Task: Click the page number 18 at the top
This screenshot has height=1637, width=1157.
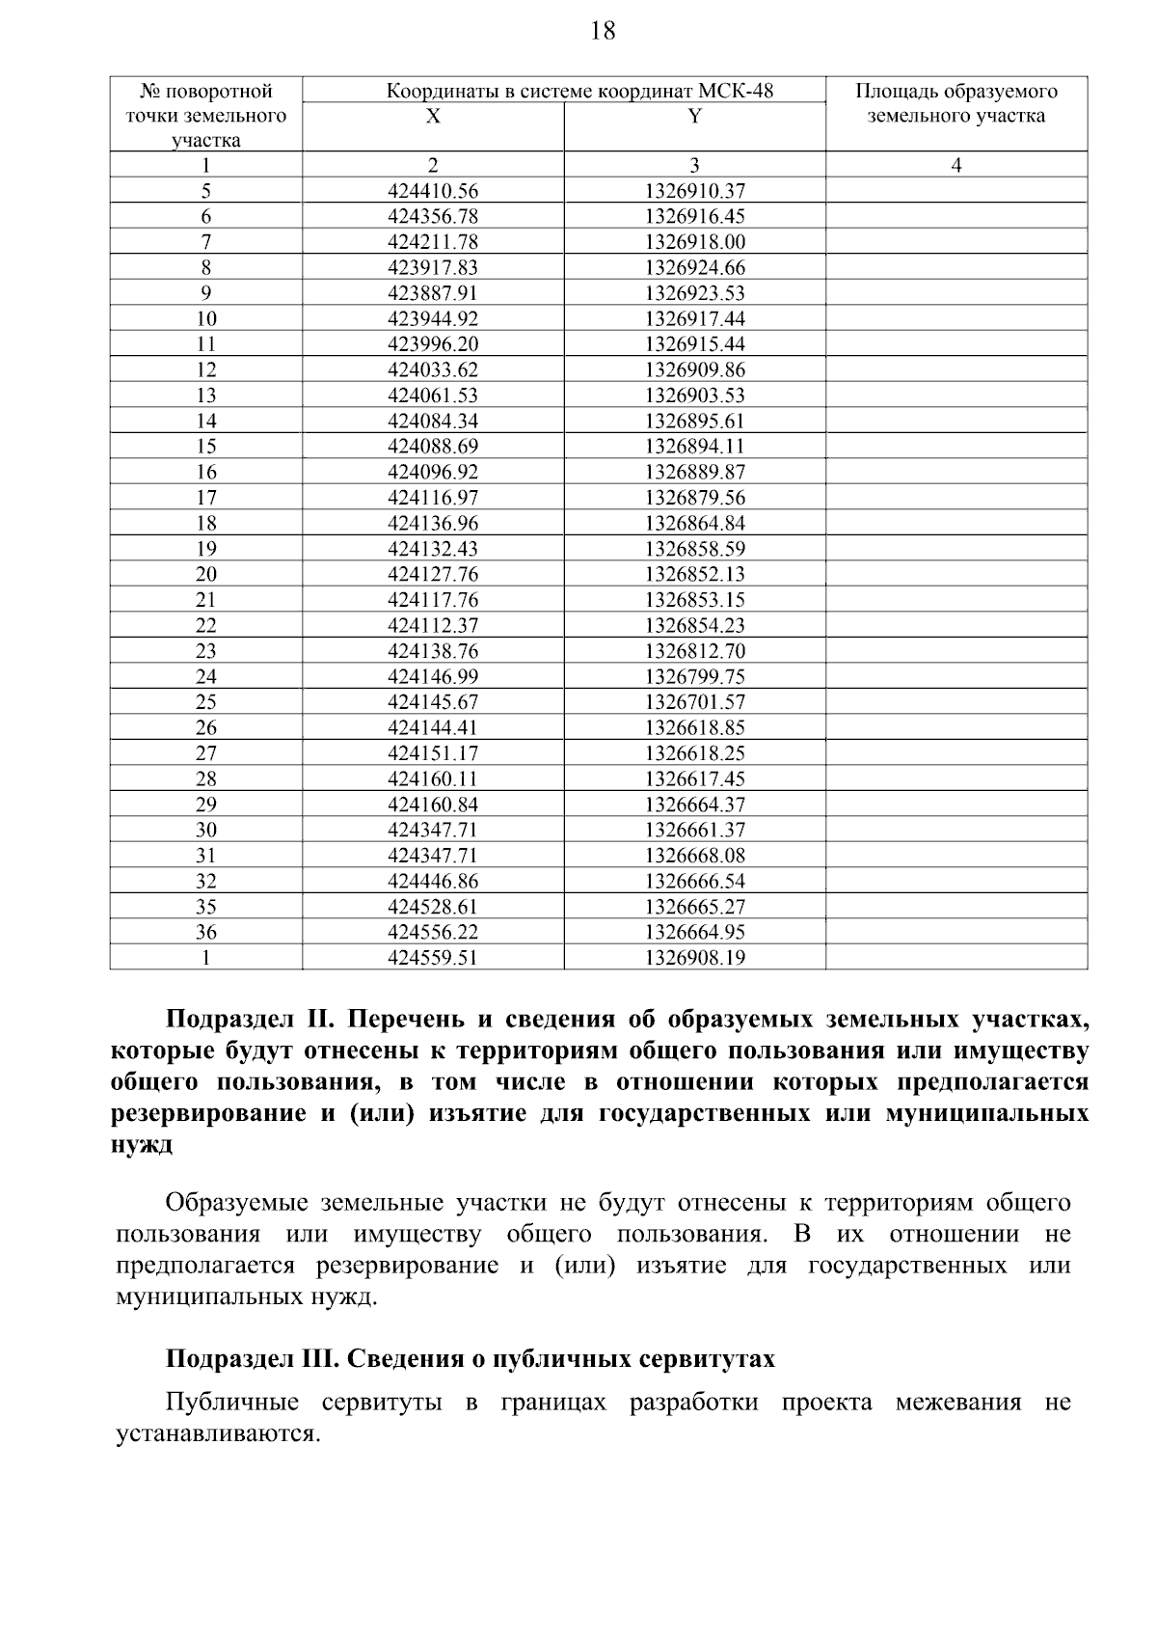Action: click(602, 32)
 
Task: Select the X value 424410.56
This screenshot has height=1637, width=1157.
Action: click(433, 191)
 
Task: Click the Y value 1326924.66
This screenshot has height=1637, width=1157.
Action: click(694, 267)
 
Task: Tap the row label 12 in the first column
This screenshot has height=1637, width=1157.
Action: click(205, 369)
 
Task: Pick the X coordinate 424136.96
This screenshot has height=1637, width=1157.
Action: click(433, 523)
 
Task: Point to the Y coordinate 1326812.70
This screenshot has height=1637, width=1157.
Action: click(694, 651)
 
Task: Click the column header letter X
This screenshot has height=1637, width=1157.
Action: click(433, 117)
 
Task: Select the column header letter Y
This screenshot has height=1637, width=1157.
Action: click(694, 117)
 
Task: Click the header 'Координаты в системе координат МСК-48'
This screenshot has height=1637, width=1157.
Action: click(579, 92)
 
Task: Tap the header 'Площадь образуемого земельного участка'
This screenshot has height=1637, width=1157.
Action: click(955, 104)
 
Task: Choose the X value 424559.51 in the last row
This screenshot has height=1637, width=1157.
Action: click(433, 958)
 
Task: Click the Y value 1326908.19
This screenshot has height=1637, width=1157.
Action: click(694, 958)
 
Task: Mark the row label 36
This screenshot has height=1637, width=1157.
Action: click(205, 932)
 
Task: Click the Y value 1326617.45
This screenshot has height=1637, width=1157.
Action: click(694, 778)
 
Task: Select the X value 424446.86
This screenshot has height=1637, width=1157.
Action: click(433, 881)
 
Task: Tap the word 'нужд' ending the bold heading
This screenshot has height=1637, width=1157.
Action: click(142, 1145)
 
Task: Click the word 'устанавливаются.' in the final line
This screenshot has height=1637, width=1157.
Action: click(217, 1434)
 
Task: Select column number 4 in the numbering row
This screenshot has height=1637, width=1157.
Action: click(955, 165)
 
